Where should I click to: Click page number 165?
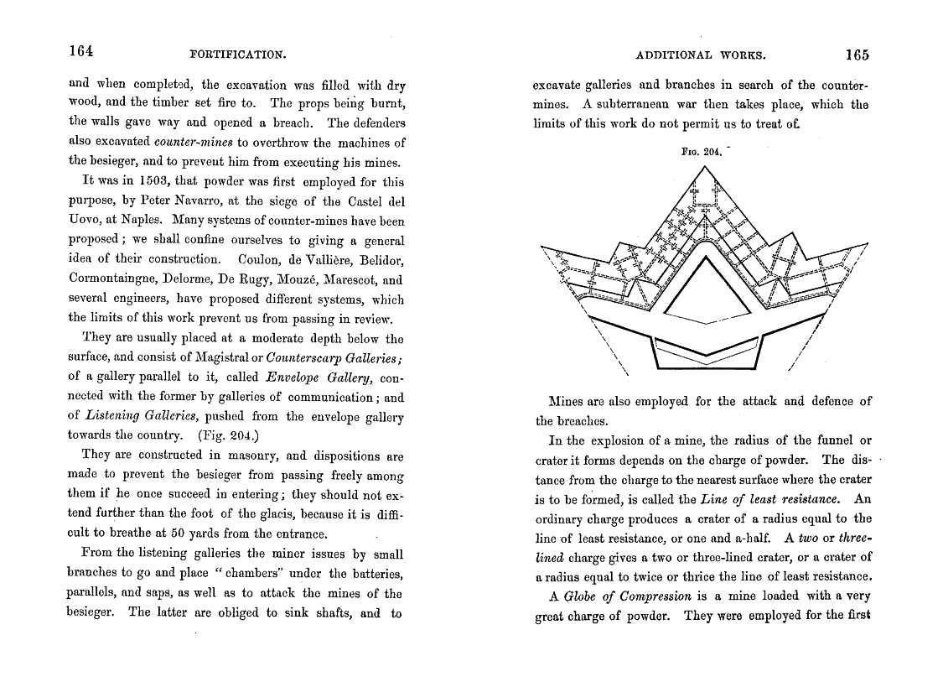857,55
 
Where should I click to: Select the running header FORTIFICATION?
239,55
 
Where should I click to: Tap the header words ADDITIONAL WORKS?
700,55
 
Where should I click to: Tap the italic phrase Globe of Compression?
627,596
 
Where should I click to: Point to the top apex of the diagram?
704,167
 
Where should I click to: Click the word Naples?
129,221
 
